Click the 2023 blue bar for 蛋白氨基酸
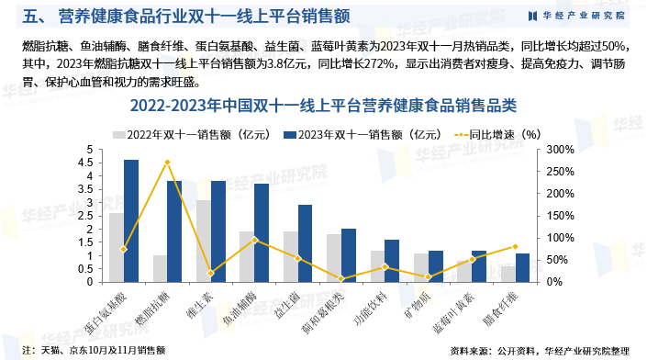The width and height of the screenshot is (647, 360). coord(131,220)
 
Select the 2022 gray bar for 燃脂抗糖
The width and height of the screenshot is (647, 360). coord(160,268)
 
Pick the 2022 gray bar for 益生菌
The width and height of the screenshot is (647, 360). coord(290,256)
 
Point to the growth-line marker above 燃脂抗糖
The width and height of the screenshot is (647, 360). coord(167,162)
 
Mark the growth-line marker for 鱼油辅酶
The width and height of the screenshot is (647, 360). coord(254,240)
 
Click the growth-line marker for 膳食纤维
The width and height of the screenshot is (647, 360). coord(515,246)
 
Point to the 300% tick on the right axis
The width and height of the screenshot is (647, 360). coord(561,150)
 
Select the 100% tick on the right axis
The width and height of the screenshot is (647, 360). coord(561,238)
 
